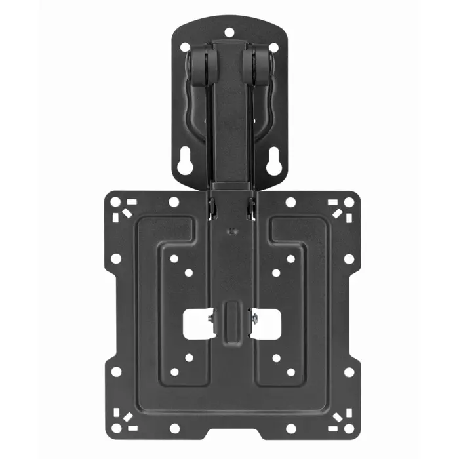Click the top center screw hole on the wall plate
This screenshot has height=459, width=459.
click(x=229, y=31)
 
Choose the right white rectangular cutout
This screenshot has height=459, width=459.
click(x=267, y=323)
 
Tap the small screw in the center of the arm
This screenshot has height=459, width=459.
click(x=229, y=231)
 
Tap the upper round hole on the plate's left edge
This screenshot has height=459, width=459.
click(x=115, y=258)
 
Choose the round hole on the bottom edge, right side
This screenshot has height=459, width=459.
click(x=289, y=428)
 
